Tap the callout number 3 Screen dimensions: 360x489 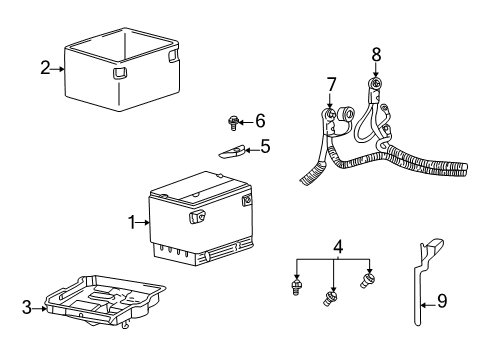coord(27,307)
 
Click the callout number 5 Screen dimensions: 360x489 coord(265,146)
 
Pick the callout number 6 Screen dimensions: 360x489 coord(260,121)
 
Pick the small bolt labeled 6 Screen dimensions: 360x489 coord(233,123)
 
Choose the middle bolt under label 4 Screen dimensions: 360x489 coord(332,298)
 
